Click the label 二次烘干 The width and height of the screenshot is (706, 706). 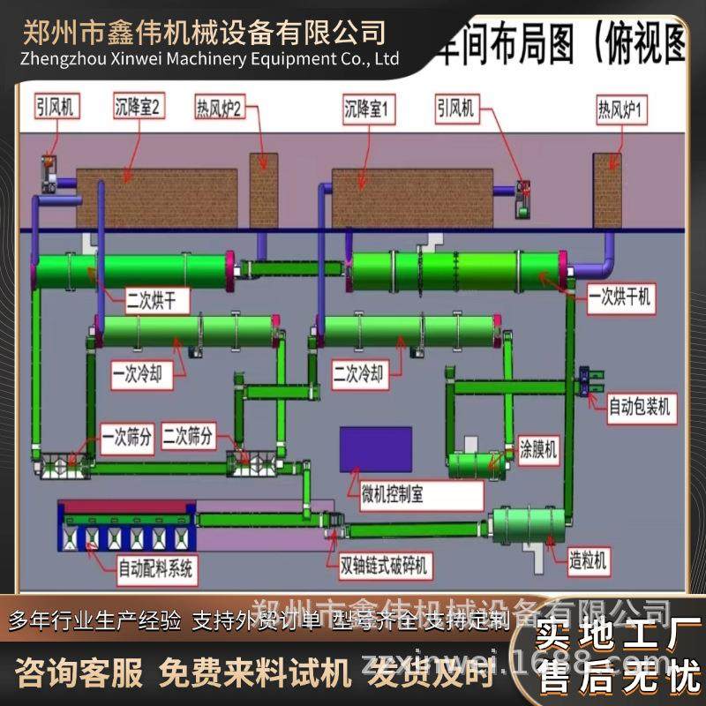144,301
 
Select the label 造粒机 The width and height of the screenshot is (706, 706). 590,560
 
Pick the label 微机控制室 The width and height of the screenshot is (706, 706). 393,494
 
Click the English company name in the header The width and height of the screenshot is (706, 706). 209,58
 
